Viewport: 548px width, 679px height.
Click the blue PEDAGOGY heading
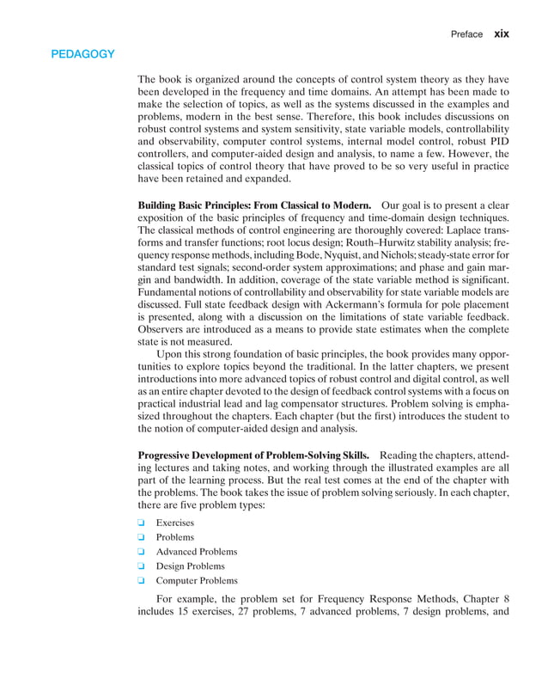[82, 54]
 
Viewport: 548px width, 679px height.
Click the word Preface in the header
[466, 34]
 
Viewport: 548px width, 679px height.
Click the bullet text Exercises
[174, 523]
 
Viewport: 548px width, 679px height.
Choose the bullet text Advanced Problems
[196, 552]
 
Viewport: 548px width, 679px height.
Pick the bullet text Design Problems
[190, 566]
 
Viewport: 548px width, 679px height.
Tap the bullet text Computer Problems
[197, 581]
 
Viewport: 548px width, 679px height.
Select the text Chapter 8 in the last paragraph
[485, 599]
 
